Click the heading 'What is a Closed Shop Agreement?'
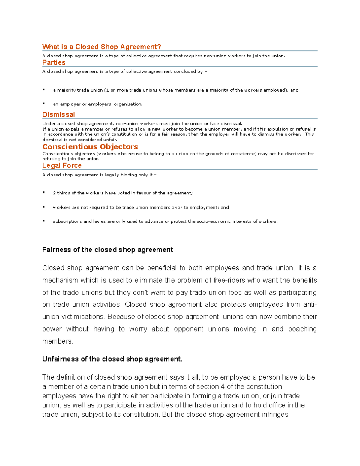point(101,47)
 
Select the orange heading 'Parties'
point(54,62)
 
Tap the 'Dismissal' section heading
point(58,115)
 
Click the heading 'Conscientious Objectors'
point(90,147)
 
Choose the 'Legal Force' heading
point(62,166)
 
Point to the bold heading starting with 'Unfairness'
point(112,359)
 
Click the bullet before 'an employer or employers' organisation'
point(44,104)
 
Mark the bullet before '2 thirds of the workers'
point(44,193)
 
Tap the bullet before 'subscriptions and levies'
point(44,221)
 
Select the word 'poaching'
point(302,329)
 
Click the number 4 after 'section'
point(223,387)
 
